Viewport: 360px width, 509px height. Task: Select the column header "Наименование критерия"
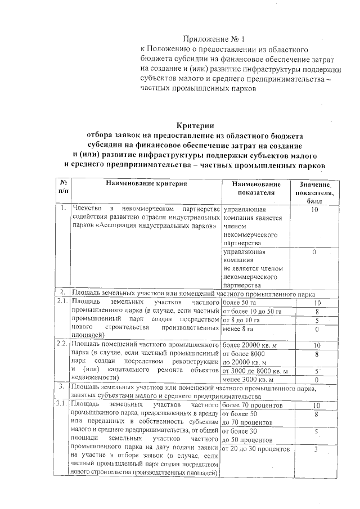[x=144, y=184]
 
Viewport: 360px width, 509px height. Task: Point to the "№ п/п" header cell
[x=61, y=188]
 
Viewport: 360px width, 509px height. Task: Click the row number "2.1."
[x=61, y=302]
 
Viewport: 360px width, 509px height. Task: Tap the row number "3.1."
[x=61, y=405]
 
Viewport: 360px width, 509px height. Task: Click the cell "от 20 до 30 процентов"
[x=256, y=449]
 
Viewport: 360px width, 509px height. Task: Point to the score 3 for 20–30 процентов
[x=317, y=449]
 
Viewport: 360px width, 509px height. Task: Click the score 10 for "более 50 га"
[x=317, y=303]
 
